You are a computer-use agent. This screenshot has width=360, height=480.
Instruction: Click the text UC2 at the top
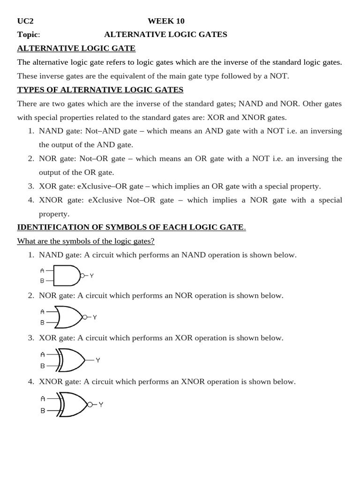tap(25, 21)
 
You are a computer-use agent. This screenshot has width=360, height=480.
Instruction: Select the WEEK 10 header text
tap(166, 21)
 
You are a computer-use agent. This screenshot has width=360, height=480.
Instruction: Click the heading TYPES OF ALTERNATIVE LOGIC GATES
tap(100, 90)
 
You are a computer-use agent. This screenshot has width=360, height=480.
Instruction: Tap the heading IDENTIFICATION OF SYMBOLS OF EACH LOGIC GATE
tap(130, 227)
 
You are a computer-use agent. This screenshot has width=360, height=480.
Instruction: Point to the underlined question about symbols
tap(86, 241)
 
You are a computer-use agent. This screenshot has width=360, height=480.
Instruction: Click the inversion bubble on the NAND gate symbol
tap(82, 276)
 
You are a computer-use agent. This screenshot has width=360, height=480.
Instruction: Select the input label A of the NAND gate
tap(42, 270)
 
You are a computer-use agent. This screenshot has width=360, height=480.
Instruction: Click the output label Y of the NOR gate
tap(95, 317)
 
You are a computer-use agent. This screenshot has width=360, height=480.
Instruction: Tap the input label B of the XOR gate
tap(43, 366)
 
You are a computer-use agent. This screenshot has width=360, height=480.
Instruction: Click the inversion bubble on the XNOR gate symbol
tap(90, 405)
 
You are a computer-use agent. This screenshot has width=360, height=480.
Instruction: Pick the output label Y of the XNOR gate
tap(101, 405)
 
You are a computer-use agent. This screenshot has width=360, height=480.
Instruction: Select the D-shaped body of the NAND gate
tap(66, 276)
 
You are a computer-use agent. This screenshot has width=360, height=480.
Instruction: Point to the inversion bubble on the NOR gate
tap(85, 317)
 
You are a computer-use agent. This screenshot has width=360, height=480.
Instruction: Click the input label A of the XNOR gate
tap(43, 399)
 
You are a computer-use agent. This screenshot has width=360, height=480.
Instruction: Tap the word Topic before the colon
tap(27, 35)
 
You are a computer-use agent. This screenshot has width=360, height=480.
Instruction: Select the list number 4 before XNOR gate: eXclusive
tap(31, 200)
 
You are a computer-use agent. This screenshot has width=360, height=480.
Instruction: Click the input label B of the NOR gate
tap(42, 322)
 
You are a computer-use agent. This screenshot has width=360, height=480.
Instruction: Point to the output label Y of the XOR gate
tap(98, 360)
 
